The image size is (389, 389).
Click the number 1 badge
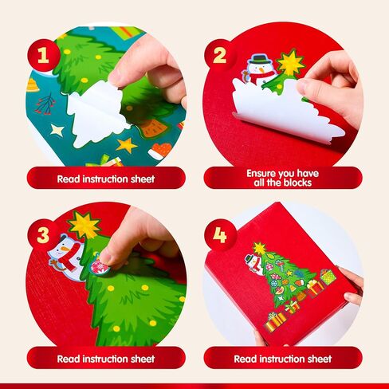(44, 55)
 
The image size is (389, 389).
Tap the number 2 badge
(220, 55)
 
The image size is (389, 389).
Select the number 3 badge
(43, 235)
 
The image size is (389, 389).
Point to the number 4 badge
(220, 235)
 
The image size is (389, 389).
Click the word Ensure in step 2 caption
(261, 173)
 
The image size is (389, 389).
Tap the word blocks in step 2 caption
(297, 183)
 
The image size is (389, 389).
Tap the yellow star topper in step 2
(291, 63)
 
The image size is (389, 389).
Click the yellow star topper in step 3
(84, 225)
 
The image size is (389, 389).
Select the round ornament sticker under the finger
(100, 266)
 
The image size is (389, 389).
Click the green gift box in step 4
(328, 277)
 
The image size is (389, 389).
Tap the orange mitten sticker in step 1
(160, 151)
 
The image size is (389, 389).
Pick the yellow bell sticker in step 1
(32, 85)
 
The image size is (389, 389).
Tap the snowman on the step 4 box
(253, 264)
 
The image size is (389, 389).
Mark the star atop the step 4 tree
(259, 249)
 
